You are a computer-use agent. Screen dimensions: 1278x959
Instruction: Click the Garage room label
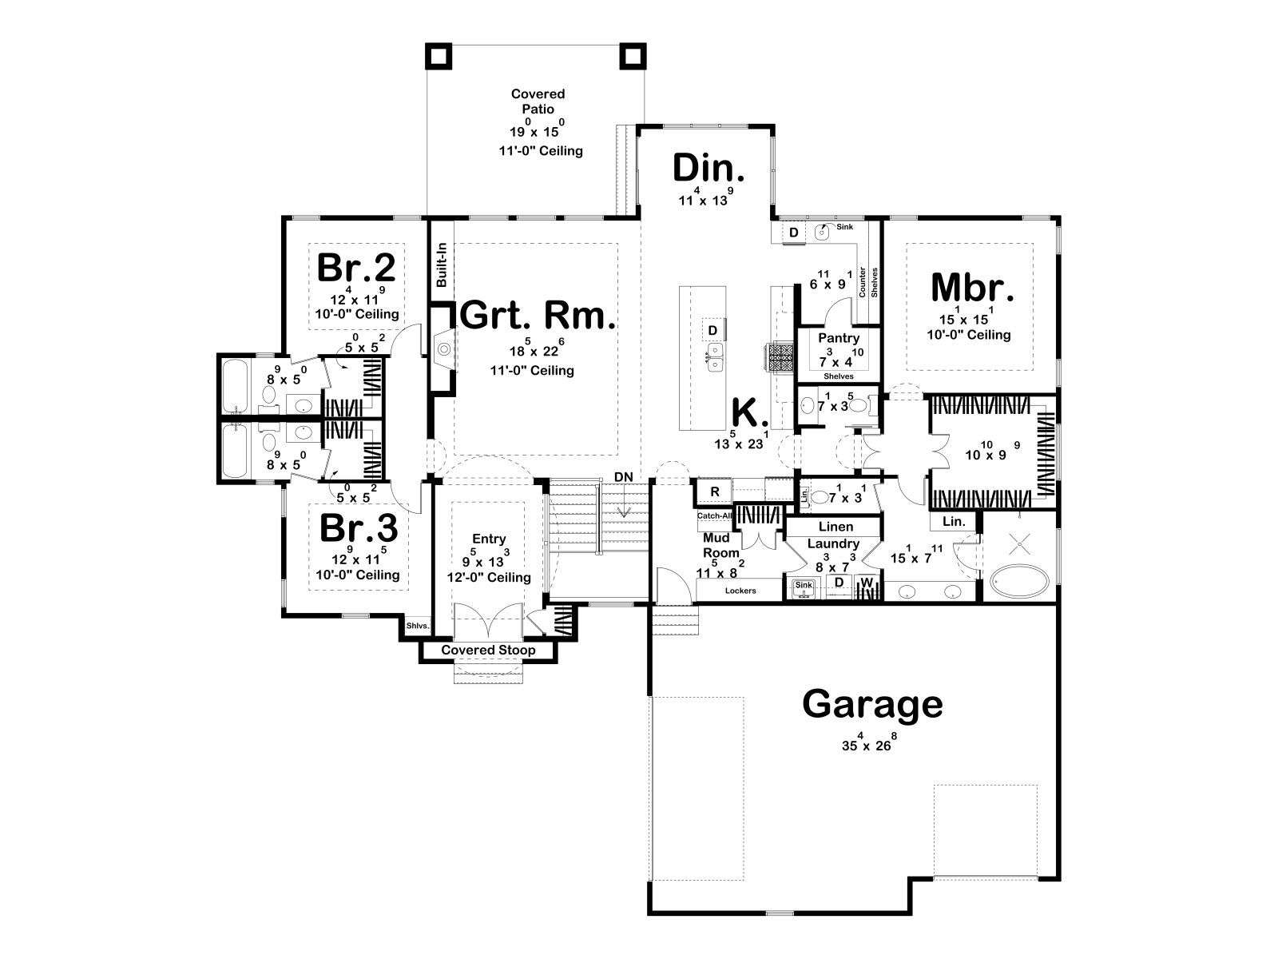point(871,706)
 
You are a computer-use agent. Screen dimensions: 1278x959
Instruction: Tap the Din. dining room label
point(708,169)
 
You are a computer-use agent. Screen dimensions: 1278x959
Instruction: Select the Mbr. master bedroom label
point(972,288)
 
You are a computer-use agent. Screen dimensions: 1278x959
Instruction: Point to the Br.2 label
point(355,268)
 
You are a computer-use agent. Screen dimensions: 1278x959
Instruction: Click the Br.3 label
point(359,528)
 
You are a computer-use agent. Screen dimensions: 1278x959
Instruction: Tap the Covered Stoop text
point(488,650)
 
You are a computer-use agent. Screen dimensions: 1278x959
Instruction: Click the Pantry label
point(839,338)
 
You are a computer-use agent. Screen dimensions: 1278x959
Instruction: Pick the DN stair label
point(624,477)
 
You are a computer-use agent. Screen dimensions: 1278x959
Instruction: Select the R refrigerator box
point(714,492)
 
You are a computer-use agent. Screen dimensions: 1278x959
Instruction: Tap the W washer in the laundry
point(867,583)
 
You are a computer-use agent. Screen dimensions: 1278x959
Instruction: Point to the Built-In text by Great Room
point(442,265)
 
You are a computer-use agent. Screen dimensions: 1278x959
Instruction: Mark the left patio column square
point(438,56)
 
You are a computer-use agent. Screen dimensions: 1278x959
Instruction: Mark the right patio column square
point(633,56)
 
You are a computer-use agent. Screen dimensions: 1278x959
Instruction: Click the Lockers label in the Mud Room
point(740,591)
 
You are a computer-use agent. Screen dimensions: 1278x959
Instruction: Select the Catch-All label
point(714,516)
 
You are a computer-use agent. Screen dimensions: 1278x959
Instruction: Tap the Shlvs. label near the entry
point(418,626)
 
